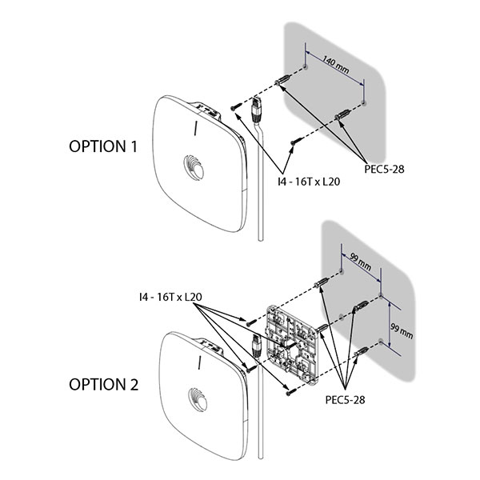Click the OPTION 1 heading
[x=103, y=146]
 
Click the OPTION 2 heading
[x=103, y=385]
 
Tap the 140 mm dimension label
[x=336, y=66]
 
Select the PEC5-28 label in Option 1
[x=384, y=169]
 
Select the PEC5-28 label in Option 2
[x=345, y=399]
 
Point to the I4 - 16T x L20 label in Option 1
[x=309, y=182]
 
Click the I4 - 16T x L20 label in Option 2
[x=170, y=297]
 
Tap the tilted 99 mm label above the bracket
[x=361, y=262]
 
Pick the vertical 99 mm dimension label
[x=402, y=331]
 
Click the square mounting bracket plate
[x=292, y=346]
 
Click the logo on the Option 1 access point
[x=194, y=167]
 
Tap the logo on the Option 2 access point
[x=198, y=399]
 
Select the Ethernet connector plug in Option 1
[x=256, y=110]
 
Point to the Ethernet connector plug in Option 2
[x=256, y=346]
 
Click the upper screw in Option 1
[x=236, y=106]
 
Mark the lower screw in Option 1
[x=297, y=141]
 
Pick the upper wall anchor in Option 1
[x=283, y=80]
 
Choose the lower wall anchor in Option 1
[x=342, y=114]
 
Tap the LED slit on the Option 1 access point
[x=196, y=128]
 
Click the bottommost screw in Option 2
[x=291, y=391]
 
